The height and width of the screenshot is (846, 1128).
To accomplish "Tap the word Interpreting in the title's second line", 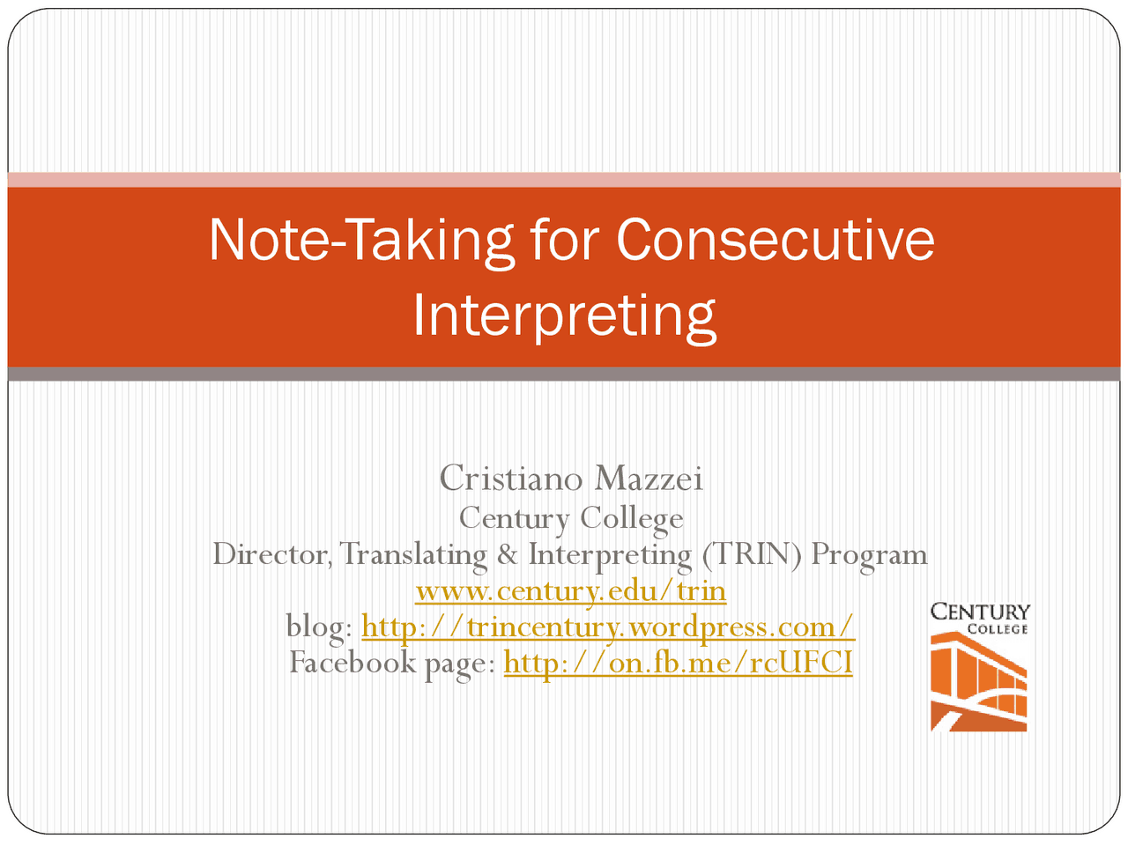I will [564, 315].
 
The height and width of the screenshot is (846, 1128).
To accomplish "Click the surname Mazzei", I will [649, 479].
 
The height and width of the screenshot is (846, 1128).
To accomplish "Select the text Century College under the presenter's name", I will [570, 517].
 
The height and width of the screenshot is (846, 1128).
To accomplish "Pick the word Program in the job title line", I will [869, 554].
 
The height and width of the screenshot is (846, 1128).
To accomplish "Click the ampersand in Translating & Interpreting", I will [507, 554].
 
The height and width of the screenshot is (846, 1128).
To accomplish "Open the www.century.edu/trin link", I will [570, 590].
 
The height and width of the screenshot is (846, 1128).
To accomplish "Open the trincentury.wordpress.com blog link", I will [608, 627].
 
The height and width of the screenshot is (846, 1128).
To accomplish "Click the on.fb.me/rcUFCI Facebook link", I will [678, 662].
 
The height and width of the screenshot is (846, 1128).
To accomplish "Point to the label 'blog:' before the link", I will [319, 627].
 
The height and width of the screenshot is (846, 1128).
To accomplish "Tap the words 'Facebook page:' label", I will [392, 662].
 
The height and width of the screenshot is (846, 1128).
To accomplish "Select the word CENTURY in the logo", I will [980, 612].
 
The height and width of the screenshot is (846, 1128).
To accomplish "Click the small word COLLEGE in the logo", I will [998, 629].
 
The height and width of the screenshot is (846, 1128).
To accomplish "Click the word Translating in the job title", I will [413, 554].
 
